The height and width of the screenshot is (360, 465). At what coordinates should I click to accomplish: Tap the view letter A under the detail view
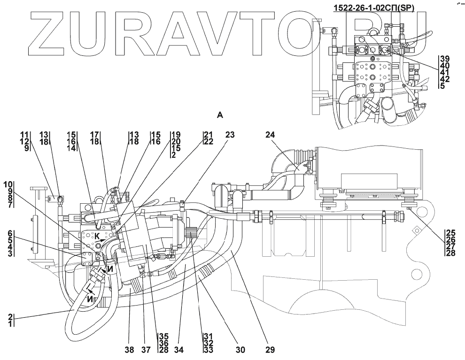(219, 114)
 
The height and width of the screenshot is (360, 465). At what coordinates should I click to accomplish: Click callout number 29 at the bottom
(269, 350)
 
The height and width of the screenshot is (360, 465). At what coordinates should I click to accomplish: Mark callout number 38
(130, 350)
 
